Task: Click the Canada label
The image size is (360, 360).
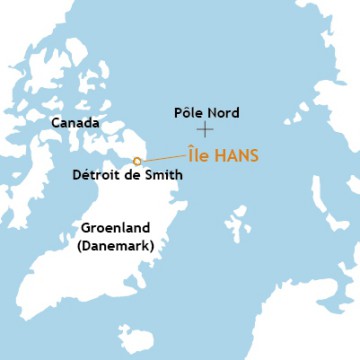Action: tap(75, 123)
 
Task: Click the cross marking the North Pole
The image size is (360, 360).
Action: tap(205, 129)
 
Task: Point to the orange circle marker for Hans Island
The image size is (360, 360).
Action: tap(137, 161)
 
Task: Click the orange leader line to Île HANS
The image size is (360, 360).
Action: tap(162, 157)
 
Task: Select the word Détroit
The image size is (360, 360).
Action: tap(96, 176)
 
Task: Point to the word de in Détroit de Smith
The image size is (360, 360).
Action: tap(129, 176)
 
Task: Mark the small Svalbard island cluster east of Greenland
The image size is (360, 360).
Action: tap(238, 221)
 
